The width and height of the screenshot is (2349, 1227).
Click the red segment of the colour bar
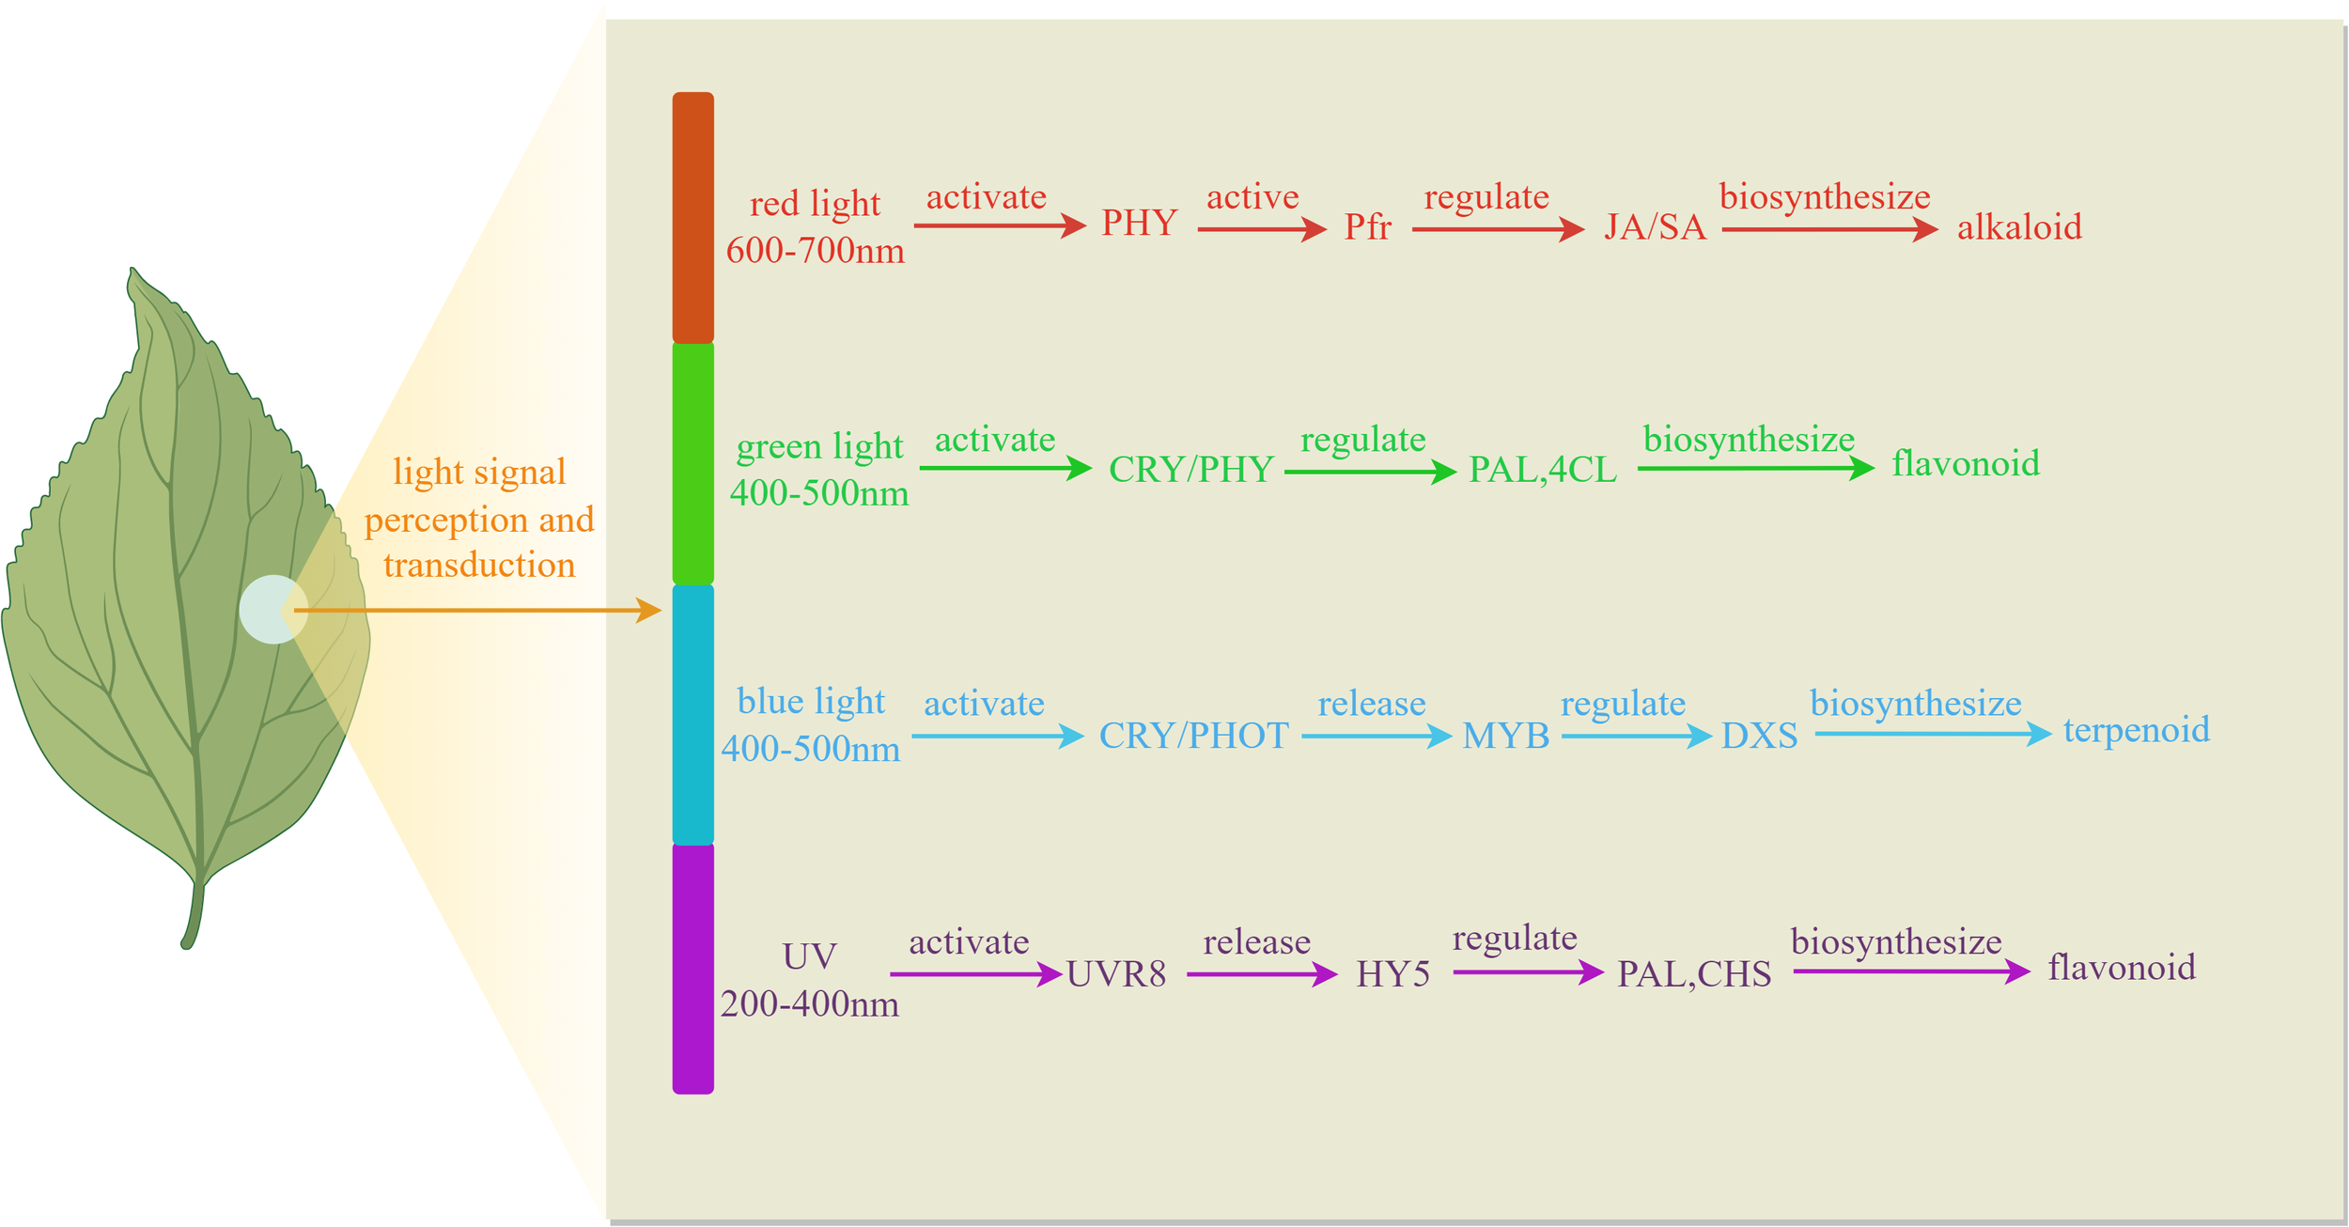[x=692, y=216]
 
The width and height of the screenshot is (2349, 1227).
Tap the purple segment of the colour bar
[x=692, y=968]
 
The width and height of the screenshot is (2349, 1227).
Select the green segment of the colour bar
[x=692, y=462]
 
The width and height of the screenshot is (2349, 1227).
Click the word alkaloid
[x=2019, y=227]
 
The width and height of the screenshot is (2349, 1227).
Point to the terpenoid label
[x=2136, y=730]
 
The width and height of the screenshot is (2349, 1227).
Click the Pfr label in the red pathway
[x=1367, y=227]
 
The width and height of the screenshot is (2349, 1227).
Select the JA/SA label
[x=1655, y=227]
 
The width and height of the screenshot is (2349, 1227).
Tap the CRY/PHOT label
[x=1193, y=736]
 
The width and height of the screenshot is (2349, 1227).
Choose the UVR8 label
[x=1116, y=974]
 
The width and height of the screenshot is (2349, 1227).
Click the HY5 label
[x=1392, y=974]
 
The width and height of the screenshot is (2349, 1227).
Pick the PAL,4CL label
[x=1542, y=470]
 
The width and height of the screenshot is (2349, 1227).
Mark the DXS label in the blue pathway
[x=1759, y=736]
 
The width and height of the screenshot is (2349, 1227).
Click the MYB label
[x=1505, y=736]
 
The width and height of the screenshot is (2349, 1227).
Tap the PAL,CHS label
[x=1693, y=974]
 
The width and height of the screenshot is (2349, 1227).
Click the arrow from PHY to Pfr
[x=1261, y=229]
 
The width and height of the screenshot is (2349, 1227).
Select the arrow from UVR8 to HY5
[x=1261, y=974]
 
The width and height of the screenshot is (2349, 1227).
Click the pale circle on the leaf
[x=272, y=610]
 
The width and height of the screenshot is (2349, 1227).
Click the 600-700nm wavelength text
[x=815, y=251]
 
